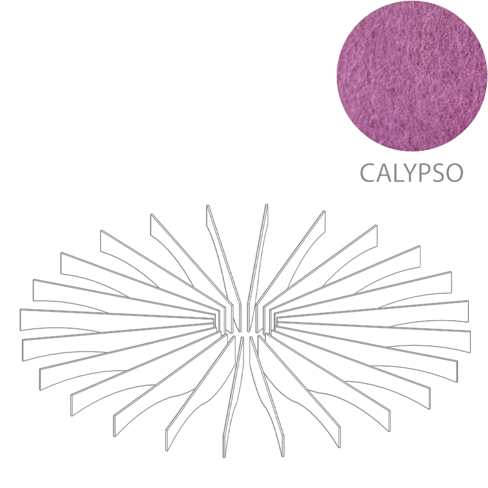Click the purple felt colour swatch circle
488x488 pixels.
412,76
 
